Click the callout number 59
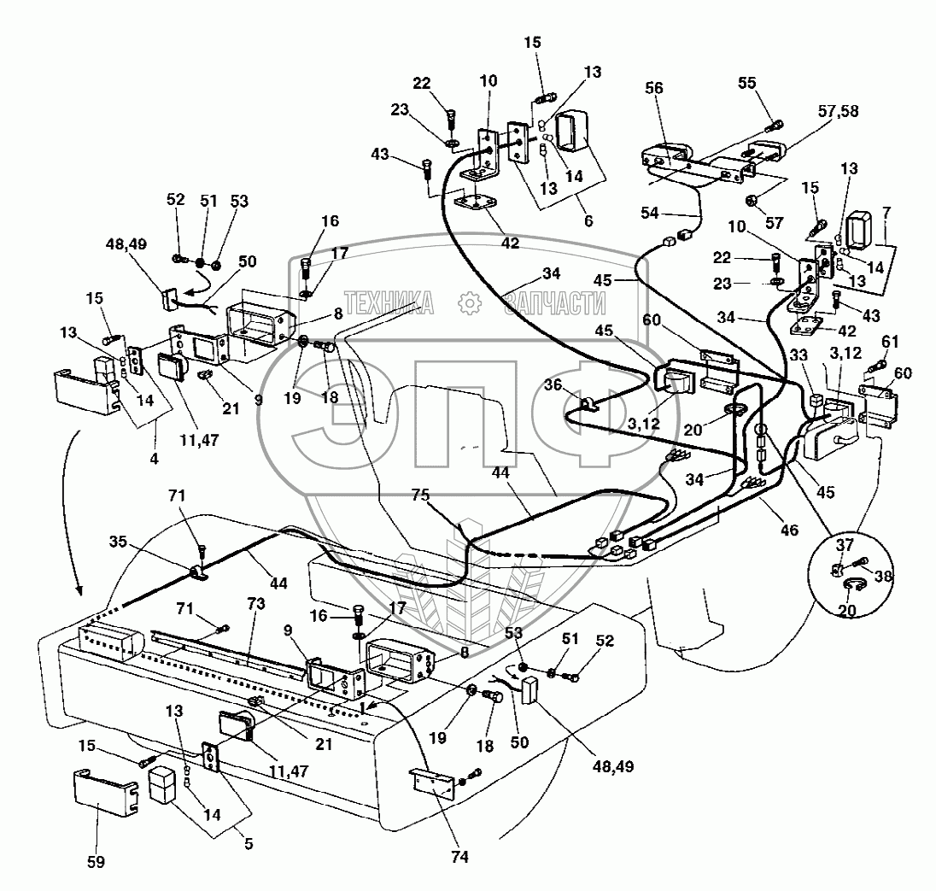(x=96, y=863)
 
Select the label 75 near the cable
(x=420, y=495)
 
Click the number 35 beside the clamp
(x=121, y=541)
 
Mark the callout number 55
(x=747, y=82)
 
